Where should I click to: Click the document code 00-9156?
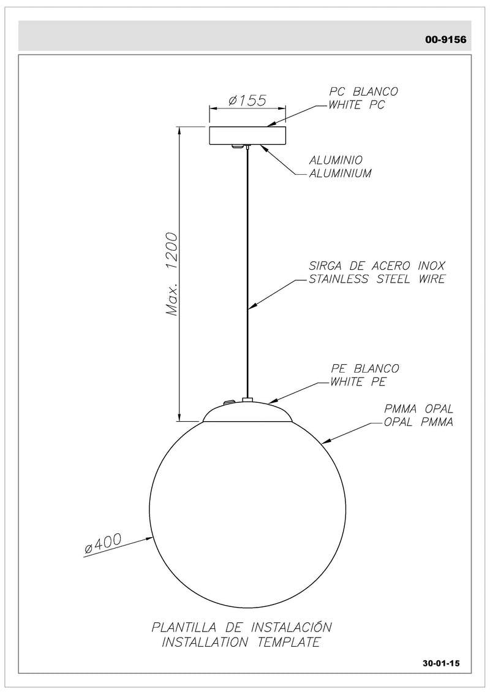(446, 40)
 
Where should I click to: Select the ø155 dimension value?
(247, 101)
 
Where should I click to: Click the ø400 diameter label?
(103, 543)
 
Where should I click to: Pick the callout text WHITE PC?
(356, 105)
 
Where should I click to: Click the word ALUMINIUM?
(340, 173)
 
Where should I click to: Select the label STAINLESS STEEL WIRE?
(377, 280)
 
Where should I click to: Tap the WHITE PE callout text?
(358, 382)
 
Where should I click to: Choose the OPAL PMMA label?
(418, 422)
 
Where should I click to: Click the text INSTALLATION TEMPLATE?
(241, 642)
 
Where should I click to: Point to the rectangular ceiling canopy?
(247, 136)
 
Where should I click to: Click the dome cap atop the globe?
(247, 411)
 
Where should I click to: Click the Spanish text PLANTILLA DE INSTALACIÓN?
(241, 628)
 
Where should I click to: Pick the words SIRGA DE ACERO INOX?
(377, 266)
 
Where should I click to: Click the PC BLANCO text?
(364, 91)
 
